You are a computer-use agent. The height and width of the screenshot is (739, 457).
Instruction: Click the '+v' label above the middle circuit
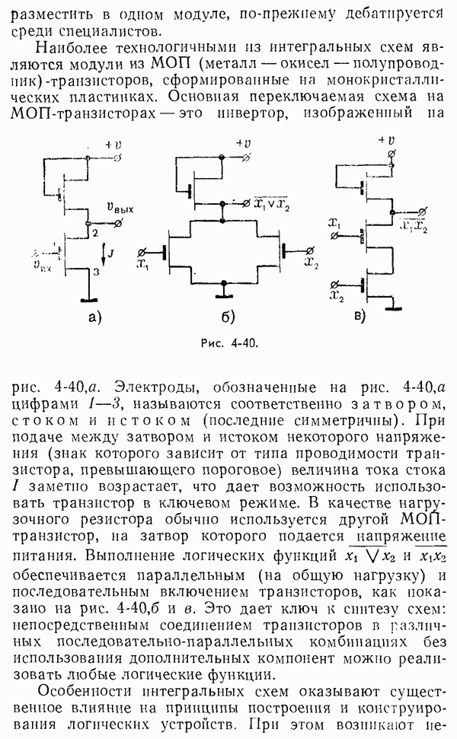(x=244, y=142)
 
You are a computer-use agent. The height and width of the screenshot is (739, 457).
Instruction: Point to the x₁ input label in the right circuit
(x=334, y=223)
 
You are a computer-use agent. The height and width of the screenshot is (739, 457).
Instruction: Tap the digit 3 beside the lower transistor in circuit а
(x=94, y=270)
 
